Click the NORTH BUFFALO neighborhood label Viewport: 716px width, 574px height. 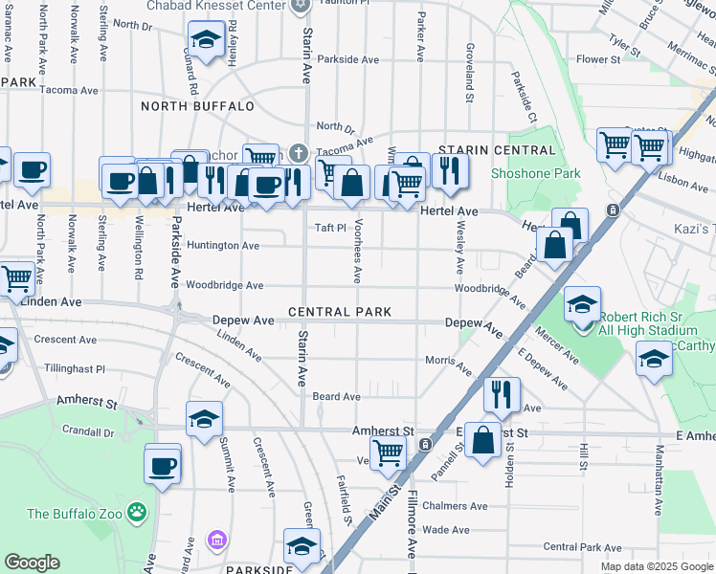197,106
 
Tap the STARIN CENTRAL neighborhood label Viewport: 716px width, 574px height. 496,151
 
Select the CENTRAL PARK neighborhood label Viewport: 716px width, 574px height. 339,313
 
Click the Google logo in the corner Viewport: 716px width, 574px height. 32,563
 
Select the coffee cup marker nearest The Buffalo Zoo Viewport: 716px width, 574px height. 162,466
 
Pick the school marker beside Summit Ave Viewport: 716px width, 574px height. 204,419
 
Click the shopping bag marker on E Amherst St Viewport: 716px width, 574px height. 483,440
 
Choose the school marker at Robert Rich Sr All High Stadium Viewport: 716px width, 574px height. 581,305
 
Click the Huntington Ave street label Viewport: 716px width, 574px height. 223,246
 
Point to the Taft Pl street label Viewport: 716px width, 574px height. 329,228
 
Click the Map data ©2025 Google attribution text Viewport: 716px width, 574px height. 656,566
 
